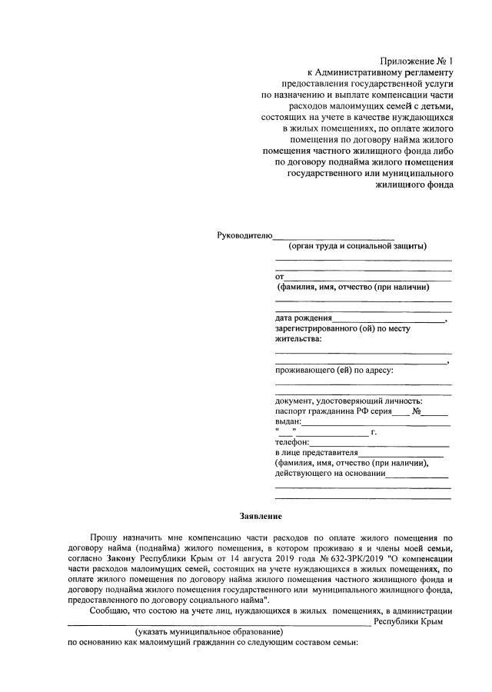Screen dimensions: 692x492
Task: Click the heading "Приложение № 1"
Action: [417, 61]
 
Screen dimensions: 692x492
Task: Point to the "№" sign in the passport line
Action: [417, 411]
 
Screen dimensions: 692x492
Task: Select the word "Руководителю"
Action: [245, 235]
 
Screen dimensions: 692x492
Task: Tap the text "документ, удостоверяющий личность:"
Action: [349, 400]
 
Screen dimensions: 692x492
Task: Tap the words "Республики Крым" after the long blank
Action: [408, 620]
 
